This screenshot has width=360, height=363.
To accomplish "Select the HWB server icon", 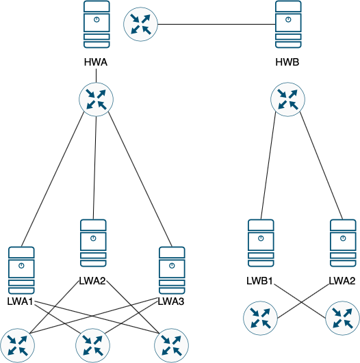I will pos(289,25).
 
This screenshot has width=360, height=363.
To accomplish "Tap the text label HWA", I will pos(97,64).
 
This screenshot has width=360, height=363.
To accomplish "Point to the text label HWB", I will pos(289,64).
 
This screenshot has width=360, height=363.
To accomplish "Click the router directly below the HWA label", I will pos(97,99).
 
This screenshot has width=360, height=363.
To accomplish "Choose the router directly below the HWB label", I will pos(289,99).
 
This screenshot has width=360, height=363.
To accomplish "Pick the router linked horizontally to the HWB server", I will pos(140,25).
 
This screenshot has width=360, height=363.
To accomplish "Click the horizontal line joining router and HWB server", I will pos(216,25).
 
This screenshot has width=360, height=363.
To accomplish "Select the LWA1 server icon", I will pos(21,270).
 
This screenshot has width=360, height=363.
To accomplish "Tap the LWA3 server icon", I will pos(172,270).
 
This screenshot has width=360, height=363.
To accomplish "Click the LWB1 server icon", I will pos(261,243).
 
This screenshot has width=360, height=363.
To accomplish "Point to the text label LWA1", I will pos(21,302).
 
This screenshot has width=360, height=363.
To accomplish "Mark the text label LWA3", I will pos(172,301).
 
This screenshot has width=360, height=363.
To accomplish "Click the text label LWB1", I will pos(261,280).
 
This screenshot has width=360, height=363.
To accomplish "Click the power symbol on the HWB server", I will pos(289,18).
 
